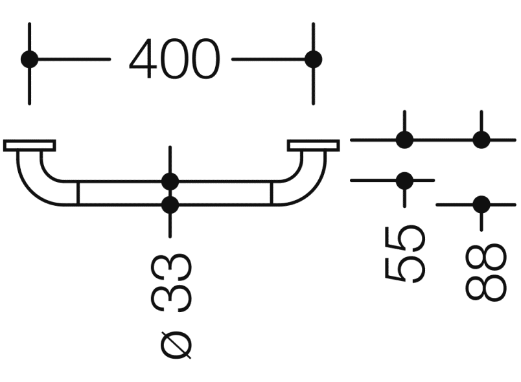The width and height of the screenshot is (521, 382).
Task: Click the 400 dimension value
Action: click(174, 60)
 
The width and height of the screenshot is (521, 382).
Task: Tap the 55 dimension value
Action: click(405, 253)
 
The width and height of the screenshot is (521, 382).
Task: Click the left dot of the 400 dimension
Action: click(30, 60)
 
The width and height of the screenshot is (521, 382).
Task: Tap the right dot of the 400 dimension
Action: click(313, 60)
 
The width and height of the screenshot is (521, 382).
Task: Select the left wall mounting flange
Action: click(29, 145)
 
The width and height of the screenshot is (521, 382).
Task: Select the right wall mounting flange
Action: click(313, 145)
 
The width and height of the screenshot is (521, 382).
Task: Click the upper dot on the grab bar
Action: click(170, 181)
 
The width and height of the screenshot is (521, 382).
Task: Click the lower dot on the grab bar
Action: click(170, 205)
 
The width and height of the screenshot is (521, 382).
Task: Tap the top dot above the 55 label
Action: click(404, 139)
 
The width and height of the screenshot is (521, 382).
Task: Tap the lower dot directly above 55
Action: click(404, 180)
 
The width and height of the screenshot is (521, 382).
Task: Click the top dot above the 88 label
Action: click(481, 139)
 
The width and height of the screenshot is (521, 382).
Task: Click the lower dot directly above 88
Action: click(481, 205)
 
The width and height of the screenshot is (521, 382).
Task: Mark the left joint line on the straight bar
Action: click(78, 193)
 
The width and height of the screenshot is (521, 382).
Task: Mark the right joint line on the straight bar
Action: click(272, 193)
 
